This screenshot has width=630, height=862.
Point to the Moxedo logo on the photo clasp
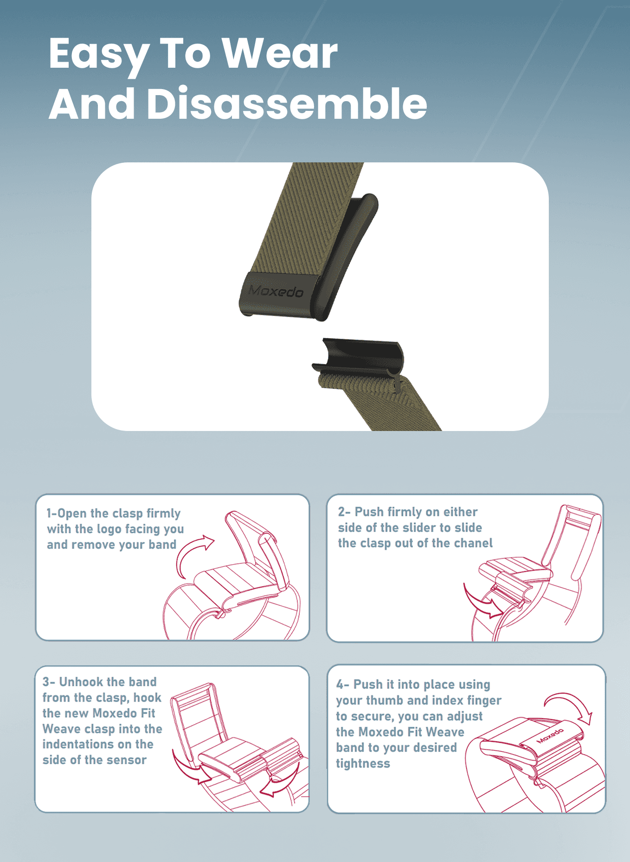pyautogui.click(x=276, y=291)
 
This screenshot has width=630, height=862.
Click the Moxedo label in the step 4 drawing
pyautogui.click(x=550, y=736)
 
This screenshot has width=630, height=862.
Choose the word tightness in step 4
pyautogui.click(x=363, y=763)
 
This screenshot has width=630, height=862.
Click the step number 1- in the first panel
pyautogui.click(x=51, y=513)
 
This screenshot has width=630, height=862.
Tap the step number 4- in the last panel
pyautogui.click(x=343, y=684)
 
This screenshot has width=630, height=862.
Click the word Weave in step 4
pyautogui.click(x=445, y=732)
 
